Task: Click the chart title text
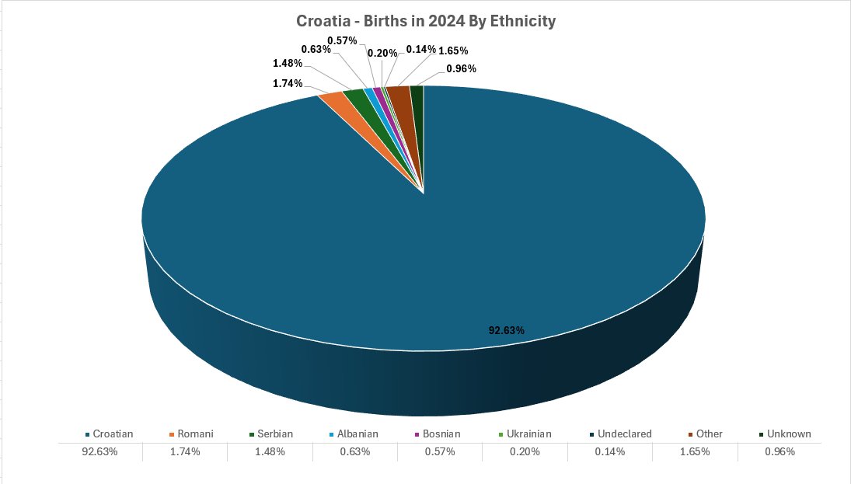coord(426,21)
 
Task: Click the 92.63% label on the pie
coord(506,330)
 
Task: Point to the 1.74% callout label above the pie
coord(288,83)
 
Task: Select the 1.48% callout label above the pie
coord(288,63)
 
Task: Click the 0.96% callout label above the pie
coord(461,68)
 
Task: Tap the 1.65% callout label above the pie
coord(453,50)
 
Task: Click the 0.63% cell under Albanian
coord(355,451)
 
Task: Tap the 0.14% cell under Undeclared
coord(610,451)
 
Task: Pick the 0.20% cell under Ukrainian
coord(525,451)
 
